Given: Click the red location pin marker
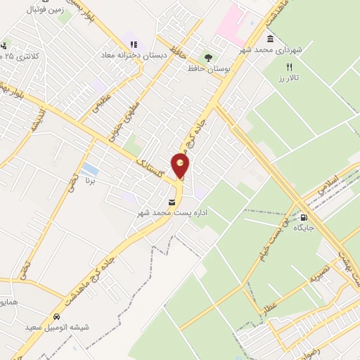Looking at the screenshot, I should coord(181,166).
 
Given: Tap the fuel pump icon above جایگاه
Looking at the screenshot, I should coord(304,217).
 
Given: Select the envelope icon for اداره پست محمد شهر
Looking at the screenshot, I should coord(172,202).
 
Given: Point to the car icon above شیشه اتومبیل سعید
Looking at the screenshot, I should coord(57,316).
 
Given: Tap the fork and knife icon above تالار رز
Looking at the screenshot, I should coord(289,66).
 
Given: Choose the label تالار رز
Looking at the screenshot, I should coord(289,77).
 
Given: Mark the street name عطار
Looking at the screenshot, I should coord(271,306).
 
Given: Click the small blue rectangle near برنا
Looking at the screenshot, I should coord(89,169).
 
